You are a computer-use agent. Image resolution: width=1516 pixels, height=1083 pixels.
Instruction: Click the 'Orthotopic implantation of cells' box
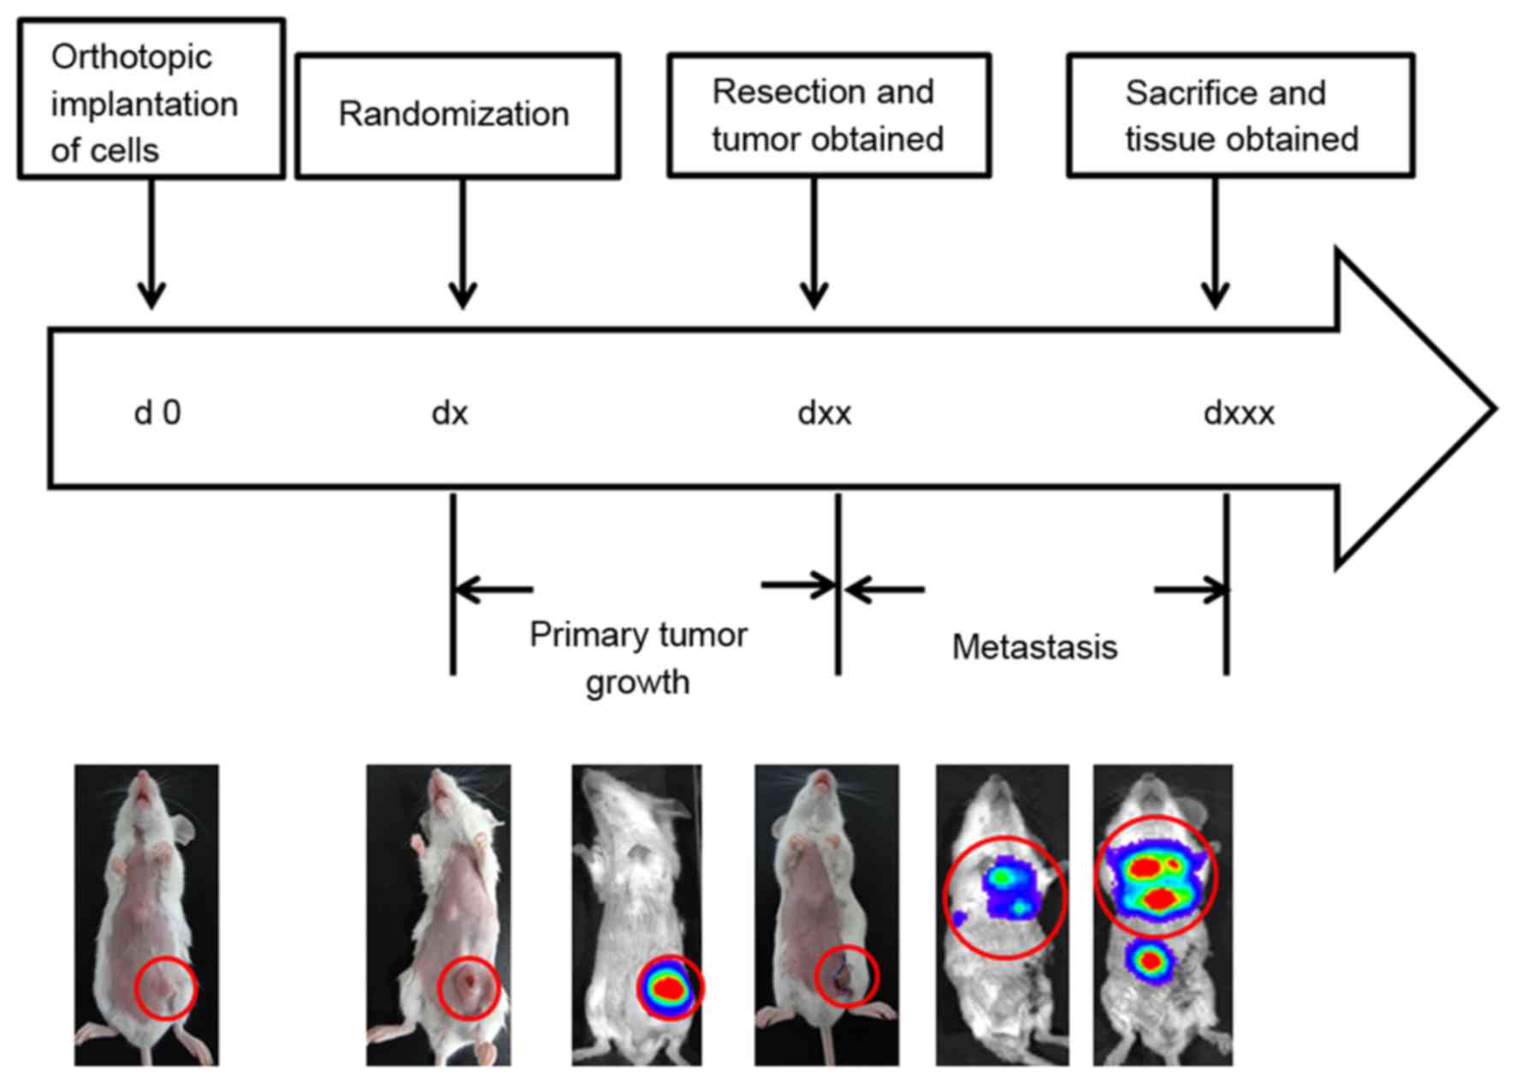point(151,99)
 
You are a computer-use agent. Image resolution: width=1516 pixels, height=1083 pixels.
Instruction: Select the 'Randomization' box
point(458,116)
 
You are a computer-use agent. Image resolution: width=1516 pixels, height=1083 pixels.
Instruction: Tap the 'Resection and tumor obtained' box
point(828,116)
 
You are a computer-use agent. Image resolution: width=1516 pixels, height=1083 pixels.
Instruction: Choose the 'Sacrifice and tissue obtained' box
point(1241,116)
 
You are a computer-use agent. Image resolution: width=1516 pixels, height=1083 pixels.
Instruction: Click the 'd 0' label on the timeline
point(157,414)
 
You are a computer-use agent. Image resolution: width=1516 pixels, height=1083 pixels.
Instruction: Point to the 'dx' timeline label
point(450,414)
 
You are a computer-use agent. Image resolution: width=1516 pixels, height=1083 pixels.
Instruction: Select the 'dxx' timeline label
point(824,414)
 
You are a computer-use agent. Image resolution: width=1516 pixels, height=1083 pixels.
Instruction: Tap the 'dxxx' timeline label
point(1238,414)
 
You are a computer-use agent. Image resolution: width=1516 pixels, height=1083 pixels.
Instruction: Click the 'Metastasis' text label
point(1034,647)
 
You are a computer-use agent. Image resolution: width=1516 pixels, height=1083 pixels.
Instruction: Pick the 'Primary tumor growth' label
point(638,658)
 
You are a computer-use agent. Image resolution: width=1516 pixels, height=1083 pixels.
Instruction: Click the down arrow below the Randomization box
point(463,244)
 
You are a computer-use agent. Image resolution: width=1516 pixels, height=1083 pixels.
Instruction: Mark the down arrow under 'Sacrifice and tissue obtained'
point(1215,244)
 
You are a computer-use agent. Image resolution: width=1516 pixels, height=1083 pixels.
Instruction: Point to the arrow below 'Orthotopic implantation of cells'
point(152,244)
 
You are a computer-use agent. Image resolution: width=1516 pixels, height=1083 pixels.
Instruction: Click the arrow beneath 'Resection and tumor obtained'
point(814,244)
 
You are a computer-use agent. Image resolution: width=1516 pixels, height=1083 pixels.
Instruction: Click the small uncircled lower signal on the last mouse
point(1151,961)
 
